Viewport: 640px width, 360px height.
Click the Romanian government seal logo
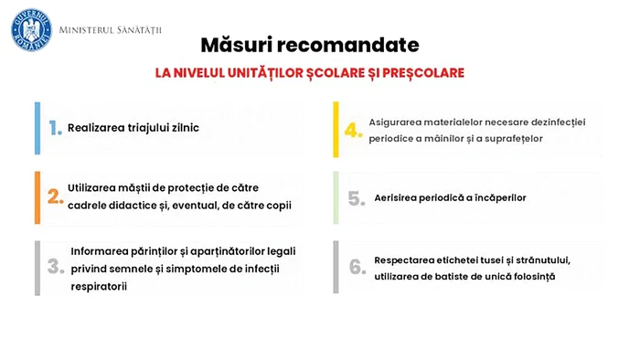click(31, 30)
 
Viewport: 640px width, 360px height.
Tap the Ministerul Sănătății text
click(111, 30)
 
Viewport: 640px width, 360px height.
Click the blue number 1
click(55, 128)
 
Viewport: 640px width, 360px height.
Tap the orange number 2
click(56, 196)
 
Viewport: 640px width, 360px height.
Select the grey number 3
click(56, 266)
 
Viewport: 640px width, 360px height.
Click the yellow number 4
click(354, 130)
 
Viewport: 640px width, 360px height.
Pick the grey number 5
click(357, 198)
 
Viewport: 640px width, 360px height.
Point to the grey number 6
click(357, 267)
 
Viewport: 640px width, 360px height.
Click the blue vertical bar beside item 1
click(37, 129)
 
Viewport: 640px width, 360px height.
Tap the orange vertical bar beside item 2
click(37, 197)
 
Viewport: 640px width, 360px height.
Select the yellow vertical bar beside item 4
click(336, 129)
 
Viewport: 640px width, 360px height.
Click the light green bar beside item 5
click(336, 197)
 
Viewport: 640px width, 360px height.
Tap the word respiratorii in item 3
click(99, 286)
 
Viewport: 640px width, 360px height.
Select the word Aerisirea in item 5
click(394, 197)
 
